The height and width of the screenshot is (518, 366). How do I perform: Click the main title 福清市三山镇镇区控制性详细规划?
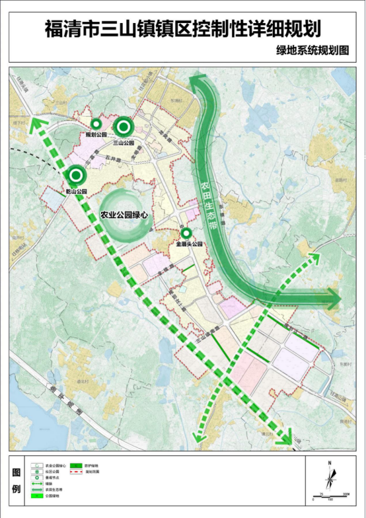tap(183, 29)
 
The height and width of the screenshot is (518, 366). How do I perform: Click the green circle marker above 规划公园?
tap(96, 124)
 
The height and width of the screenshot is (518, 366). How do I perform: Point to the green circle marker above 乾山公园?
tap(77, 176)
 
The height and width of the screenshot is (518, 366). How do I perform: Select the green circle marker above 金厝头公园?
tap(186, 233)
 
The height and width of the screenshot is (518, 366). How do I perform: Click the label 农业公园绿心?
tap(123, 215)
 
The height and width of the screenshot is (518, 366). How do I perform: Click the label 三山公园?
tap(124, 142)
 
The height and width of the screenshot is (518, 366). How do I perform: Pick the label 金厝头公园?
tap(189, 244)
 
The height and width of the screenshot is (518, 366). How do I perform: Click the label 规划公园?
tap(96, 134)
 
